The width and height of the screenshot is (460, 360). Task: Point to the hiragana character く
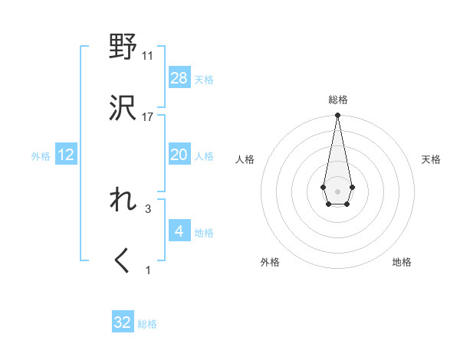123,261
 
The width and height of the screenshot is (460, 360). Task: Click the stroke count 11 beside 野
148,55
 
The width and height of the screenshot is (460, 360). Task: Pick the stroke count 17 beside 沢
148,116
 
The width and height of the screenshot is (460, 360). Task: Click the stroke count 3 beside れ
148,208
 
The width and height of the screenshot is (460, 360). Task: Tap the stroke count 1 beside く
148,270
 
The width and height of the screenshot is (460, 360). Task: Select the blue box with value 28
179,78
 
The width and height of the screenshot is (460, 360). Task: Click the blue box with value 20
179,155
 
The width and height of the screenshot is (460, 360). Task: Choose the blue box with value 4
179,231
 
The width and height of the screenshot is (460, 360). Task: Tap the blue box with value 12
66,155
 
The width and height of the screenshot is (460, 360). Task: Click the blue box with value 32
123,322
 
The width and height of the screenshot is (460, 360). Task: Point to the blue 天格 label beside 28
204,80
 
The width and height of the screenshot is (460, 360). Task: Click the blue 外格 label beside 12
41,156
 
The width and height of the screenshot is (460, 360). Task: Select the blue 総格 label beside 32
147,324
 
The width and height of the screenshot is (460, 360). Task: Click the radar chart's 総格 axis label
337,100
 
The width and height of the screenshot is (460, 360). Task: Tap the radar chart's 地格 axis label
402,262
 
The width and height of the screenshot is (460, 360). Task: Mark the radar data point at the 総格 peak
337,116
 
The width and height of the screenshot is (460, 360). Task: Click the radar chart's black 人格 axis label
245,159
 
